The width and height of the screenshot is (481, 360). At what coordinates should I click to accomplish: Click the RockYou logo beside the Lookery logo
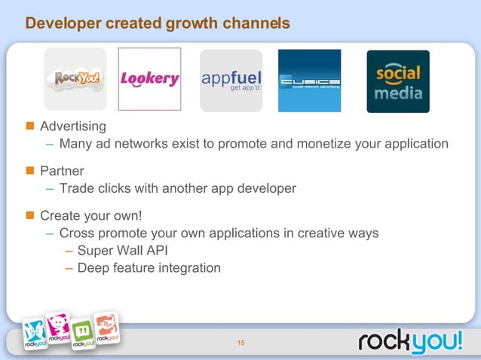(75, 79)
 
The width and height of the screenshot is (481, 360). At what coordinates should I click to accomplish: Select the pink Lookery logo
(149, 79)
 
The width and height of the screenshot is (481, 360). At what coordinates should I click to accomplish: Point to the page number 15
(241, 344)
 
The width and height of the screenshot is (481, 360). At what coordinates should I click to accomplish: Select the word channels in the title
(255, 24)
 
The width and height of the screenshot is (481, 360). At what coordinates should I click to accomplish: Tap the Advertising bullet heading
(73, 125)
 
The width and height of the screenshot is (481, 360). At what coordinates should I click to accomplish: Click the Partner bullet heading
(62, 170)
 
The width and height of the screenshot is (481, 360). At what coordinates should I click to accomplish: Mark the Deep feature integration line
(149, 267)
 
